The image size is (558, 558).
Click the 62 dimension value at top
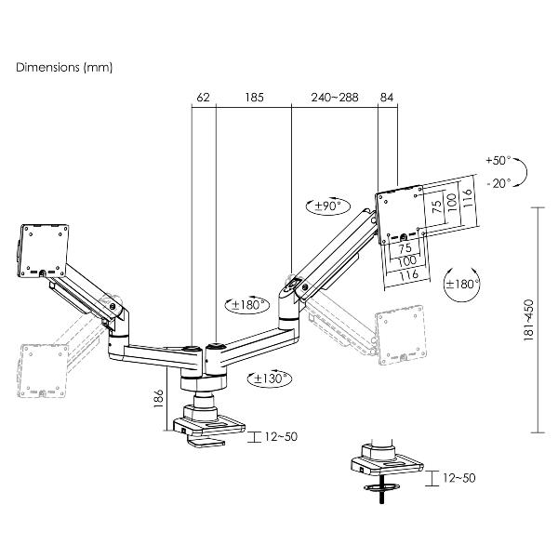tap(204, 96)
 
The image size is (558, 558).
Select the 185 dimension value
tap(253, 96)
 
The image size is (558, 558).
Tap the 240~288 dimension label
tap(335, 96)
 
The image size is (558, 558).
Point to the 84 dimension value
tap(387, 96)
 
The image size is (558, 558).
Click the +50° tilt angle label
tap(498, 160)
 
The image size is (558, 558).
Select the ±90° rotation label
tap(325, 206)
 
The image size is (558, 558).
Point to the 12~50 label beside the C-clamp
tap(281, 436)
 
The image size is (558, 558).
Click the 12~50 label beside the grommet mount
tap(457, 478)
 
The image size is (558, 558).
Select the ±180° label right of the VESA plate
tap(462, 285)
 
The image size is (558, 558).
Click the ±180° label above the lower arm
tap(247, 304)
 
